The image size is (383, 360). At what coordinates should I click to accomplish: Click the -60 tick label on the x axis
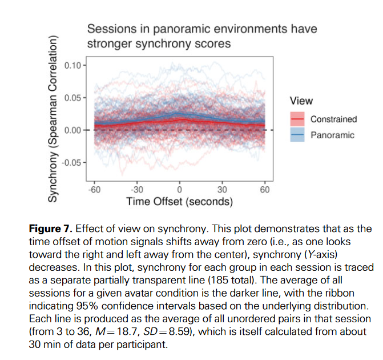click(x=94, y=190)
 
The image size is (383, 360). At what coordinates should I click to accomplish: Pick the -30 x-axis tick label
click(x=136, y=190)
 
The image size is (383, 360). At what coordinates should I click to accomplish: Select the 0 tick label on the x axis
click(x=179, y=190)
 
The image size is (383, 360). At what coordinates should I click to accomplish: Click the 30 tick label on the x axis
click(x=222, y=190)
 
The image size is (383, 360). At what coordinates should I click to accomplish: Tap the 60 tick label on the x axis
click(x=265, y=190)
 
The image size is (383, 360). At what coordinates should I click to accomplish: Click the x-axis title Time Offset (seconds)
click(x=179, y=202)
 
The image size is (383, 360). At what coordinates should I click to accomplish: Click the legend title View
click(x=301, y=101)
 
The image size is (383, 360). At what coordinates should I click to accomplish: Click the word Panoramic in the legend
click(x=333, y=135)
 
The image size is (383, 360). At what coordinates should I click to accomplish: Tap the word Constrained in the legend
click(x=334, y=119)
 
